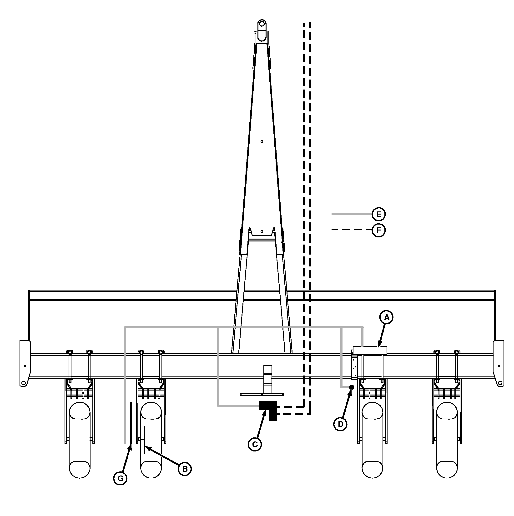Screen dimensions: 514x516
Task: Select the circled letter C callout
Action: [x=255, y=444]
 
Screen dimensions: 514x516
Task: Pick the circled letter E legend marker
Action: [x=378, y=214]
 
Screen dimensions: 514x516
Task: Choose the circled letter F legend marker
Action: [x=378, y=230]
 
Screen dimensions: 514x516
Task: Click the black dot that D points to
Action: [x=352, y=387]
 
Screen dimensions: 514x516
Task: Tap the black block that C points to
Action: [x=268, y=410]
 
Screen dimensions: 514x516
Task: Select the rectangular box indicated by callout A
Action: [x=370, y=351]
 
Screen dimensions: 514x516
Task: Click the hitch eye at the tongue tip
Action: [x=262, y=24]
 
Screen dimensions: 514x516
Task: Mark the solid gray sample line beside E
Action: [x=352, y=214]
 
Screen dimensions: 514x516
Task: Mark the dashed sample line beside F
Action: [x=352, y=230]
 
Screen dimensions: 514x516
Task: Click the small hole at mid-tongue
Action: [x=262, y=141]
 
